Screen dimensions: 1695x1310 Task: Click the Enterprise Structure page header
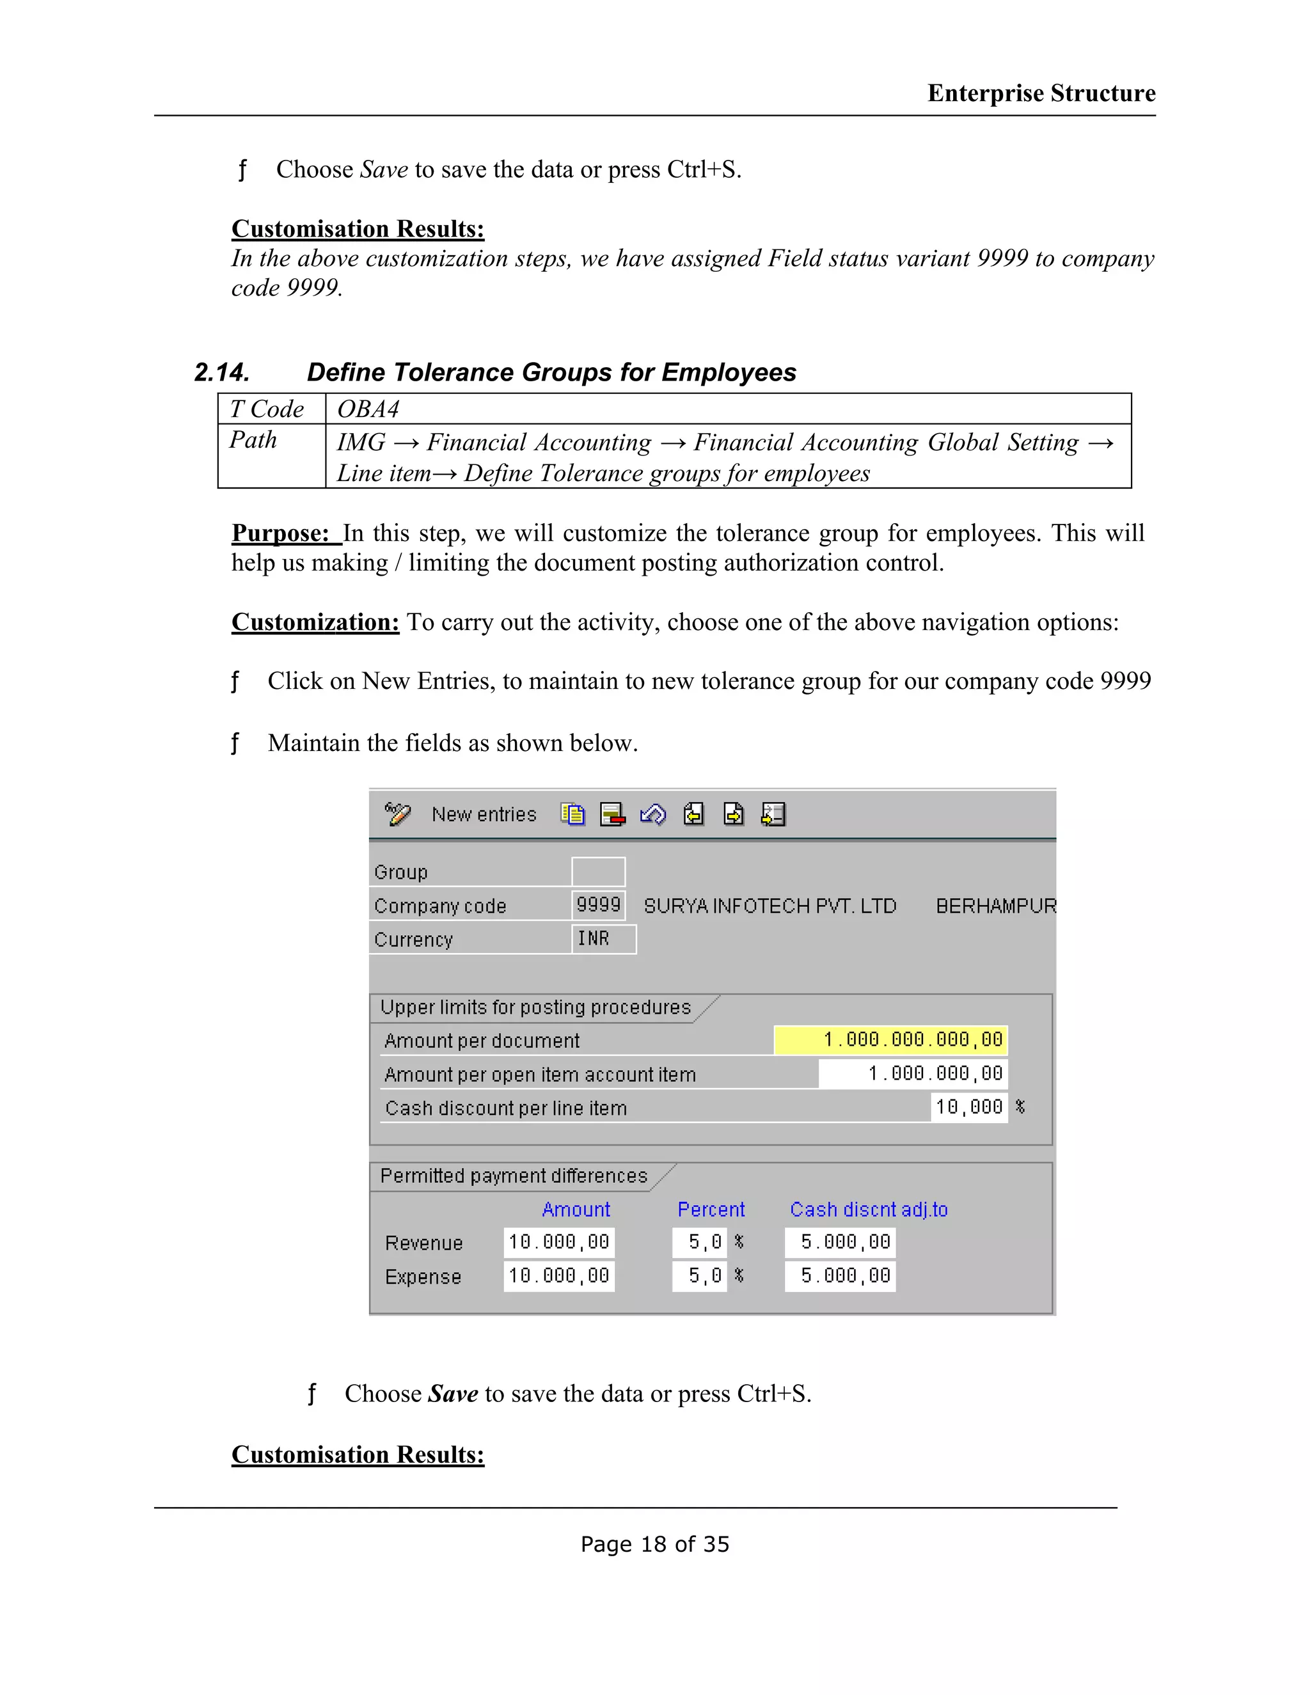pyautogui.click(x=1041, y=93)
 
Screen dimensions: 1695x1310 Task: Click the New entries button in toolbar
pyautogui.click(x=484, y=814)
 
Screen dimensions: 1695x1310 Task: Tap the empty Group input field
pyautogui.click(x=597, y=872)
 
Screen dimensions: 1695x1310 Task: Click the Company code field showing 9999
pyautogui.click(x=597, y=905)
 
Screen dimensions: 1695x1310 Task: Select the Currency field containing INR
pyautogui.click(x=603, y=939)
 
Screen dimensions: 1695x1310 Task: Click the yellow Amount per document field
pyautogui.click(x=890, y=1040)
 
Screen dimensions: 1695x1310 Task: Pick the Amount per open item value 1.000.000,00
pyautogui.click(x=913, y=1074)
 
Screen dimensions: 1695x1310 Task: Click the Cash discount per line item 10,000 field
pyautogui.click(x=968, y=1107)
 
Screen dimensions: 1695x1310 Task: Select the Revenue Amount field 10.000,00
pyautogui.click(x=559, y=1243)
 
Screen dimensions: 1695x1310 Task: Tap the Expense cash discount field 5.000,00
pyautogui.click(x=840, y=1276)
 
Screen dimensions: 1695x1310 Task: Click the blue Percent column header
pyautogui.click(x=710, y=1209)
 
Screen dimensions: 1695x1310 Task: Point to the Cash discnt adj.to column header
pyautogui.click(x=869, y=1209)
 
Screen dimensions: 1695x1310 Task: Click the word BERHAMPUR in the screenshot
pyautogui.click(x=996, y=906)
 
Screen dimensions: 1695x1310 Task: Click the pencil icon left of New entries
pyautogui.click(x=397, y=814)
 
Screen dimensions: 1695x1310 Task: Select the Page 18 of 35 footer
pyautogui.click(x=654, y=1545)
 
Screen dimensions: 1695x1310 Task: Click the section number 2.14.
pyautogui.click(x=222, y=372)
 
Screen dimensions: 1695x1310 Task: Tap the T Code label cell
pyautogui.click(x=267, y=409)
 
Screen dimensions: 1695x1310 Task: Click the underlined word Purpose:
pyautogui.click(x=281, y=533)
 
